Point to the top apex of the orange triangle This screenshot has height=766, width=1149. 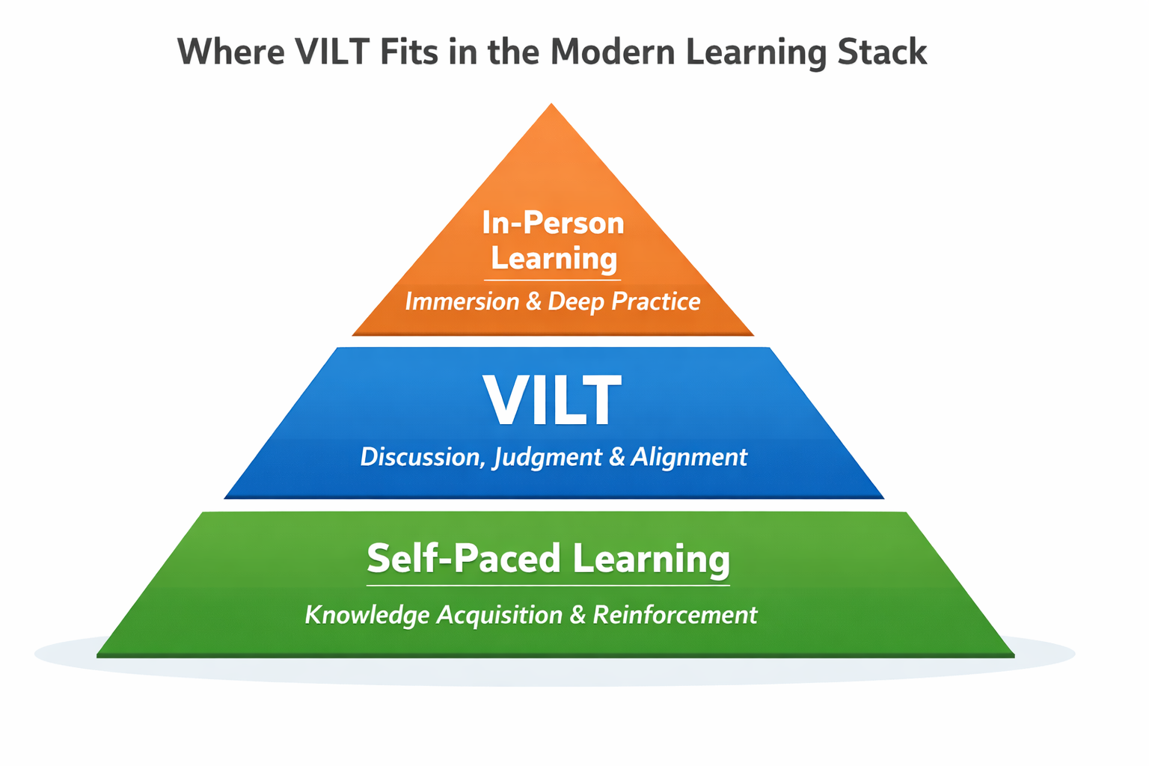(551, 105)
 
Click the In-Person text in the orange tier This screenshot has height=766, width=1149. (553, 223)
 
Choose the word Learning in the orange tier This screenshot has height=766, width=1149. (554, 259)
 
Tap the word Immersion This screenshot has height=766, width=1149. (462, 301)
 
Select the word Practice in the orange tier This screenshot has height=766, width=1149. (655, 301)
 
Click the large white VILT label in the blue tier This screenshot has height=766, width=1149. (552, 401)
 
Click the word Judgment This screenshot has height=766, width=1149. (547, 458)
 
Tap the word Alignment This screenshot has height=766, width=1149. (689, 457)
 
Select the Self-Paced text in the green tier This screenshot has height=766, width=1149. (464, 559)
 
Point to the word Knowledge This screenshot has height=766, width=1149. (367, 615)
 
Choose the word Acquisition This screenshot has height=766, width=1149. (499, 615)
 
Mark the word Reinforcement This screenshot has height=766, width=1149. (675, 615)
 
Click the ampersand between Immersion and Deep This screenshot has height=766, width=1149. (533, 301)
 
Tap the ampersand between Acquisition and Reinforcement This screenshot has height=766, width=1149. (577, 615)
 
